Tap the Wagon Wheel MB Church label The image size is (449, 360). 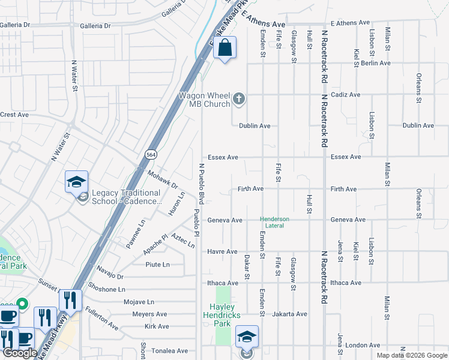(205, 100)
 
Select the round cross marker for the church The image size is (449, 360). (239, 99)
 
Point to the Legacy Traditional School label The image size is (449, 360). (126, 197)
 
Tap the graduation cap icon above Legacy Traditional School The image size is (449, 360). (77, 181)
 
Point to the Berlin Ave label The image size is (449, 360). (376, 63)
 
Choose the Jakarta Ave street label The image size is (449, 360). (289, 314)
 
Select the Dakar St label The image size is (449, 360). (247, 266)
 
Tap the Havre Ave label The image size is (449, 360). (223, 251)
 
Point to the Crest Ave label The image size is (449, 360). (14, 115)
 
